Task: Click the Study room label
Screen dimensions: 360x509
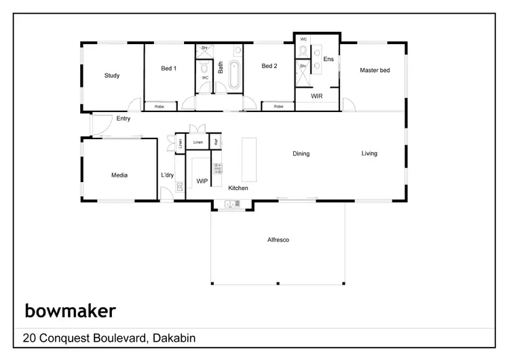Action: [112, 75]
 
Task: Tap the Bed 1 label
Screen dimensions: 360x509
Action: [169, 69]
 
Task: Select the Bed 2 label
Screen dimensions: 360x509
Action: [269, 66]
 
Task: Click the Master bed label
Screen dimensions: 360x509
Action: [375, 70]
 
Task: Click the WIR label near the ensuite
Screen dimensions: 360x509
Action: [316, 96]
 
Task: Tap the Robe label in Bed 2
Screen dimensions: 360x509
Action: [278, 107]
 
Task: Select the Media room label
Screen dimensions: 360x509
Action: [119, 175]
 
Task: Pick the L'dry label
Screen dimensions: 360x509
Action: [167, 175]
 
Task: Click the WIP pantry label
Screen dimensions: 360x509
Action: [202, 181]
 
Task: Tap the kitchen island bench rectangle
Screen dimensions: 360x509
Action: [250, 159]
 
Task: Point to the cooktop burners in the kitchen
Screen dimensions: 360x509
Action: [218, 168]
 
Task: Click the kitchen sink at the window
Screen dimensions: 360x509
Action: [231, 203]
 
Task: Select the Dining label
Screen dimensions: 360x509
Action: [301, 154]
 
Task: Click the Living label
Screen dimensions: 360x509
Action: [369, 154]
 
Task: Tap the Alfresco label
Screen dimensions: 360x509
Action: [278, 239]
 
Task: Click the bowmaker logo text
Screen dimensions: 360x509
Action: [70, 311]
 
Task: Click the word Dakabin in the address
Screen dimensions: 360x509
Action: [174, 338]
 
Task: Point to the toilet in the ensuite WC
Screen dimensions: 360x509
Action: [303, 50]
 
